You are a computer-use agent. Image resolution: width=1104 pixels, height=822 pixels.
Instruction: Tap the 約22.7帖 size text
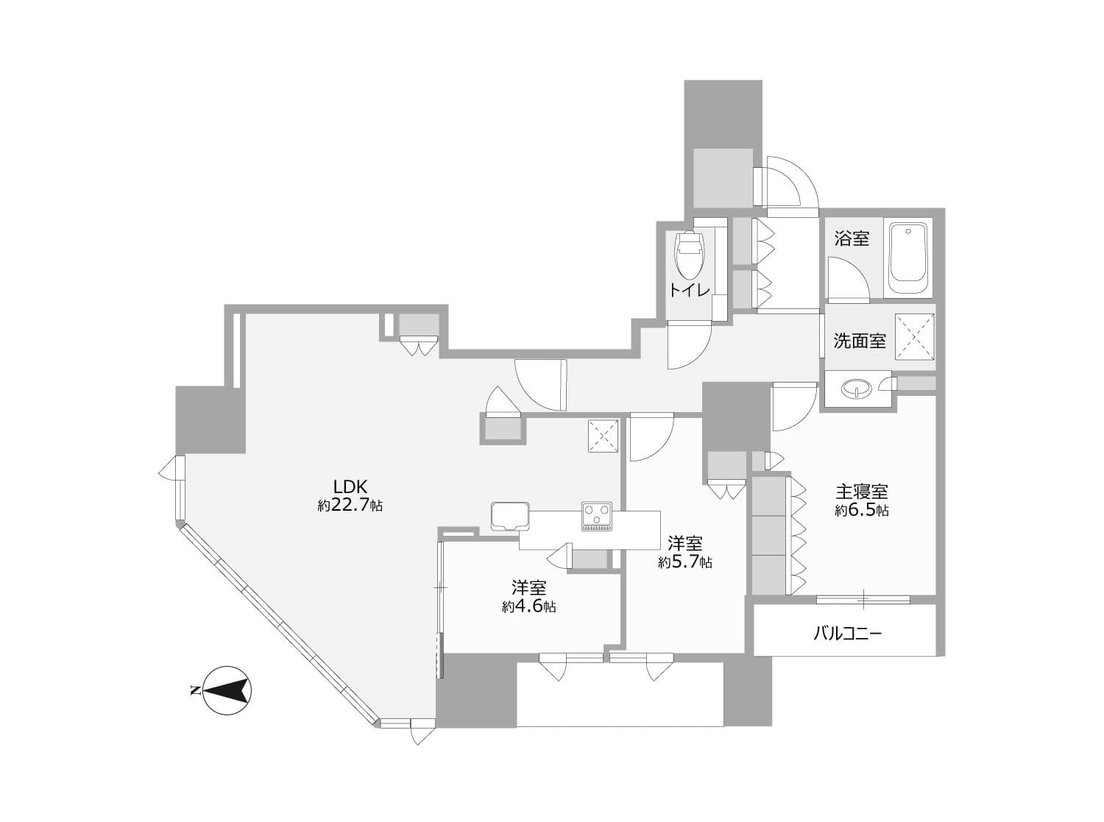(x=350, y=506)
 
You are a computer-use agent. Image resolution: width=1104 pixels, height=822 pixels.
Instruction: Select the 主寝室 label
(x=861, y=491)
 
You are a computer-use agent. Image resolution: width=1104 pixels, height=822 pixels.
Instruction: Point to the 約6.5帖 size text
(x=861, y=510)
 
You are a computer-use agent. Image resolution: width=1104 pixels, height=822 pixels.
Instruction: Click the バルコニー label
(x=847, y=632)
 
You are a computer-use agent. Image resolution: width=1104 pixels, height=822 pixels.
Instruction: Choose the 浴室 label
(x=852, y=238)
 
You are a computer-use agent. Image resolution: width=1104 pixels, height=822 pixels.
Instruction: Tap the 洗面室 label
(x=859, y=341)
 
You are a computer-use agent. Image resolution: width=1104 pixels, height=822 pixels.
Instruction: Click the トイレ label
(x=689, y=290)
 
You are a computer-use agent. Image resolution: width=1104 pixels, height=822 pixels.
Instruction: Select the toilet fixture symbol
(x=690, y=254)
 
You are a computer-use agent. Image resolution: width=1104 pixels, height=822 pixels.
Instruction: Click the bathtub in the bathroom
(x=910, y=259)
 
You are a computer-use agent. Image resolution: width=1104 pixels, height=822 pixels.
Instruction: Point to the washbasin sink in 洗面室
(x=855, y=388)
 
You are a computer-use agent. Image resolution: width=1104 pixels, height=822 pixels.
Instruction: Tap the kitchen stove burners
(x=596, y=515)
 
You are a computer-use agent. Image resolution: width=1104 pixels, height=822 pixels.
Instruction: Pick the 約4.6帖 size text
(x=528, y=607)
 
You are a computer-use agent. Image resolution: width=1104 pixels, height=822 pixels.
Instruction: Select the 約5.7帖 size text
(x=684, y=563)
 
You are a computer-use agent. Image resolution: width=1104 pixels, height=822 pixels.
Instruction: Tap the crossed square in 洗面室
(x=914, y=336)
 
